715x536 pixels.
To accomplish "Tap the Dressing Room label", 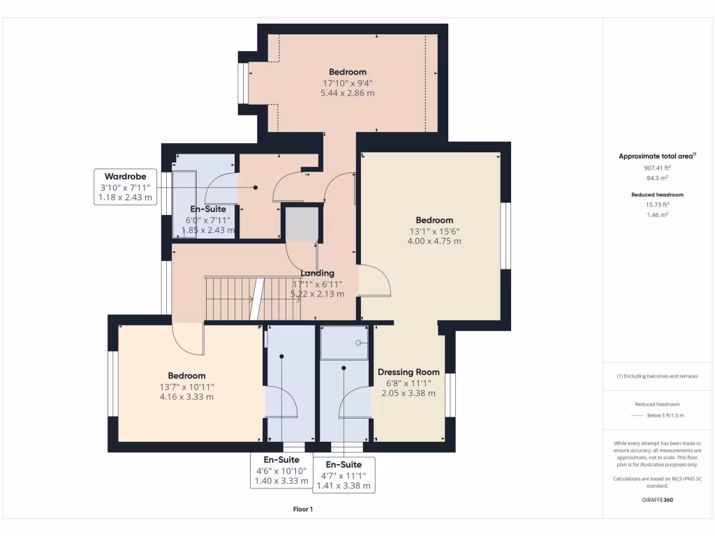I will tap(408, 372).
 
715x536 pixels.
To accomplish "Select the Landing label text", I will tap(318, 273).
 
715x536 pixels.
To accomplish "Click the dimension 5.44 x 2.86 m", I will tap(348, 93).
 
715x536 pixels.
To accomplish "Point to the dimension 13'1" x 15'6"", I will tap(435, 231).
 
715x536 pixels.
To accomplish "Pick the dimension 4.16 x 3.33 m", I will tap(186, 396).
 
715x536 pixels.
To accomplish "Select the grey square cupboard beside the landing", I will tap(300, 224).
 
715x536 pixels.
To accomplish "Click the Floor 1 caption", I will tap(303, 509).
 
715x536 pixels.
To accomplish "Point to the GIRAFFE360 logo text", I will tap(656, 500).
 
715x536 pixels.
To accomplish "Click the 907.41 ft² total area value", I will tap(656, 167).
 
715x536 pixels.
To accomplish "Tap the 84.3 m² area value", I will tap(656, 178).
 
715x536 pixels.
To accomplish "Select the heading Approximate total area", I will tap(656, 156).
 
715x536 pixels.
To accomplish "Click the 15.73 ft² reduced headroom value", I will tap(656, 204).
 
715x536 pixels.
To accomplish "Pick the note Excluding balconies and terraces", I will tap(656, 376).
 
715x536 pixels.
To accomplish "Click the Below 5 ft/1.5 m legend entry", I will tap(663, 415).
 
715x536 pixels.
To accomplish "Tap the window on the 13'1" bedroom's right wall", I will tap(506, 235).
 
